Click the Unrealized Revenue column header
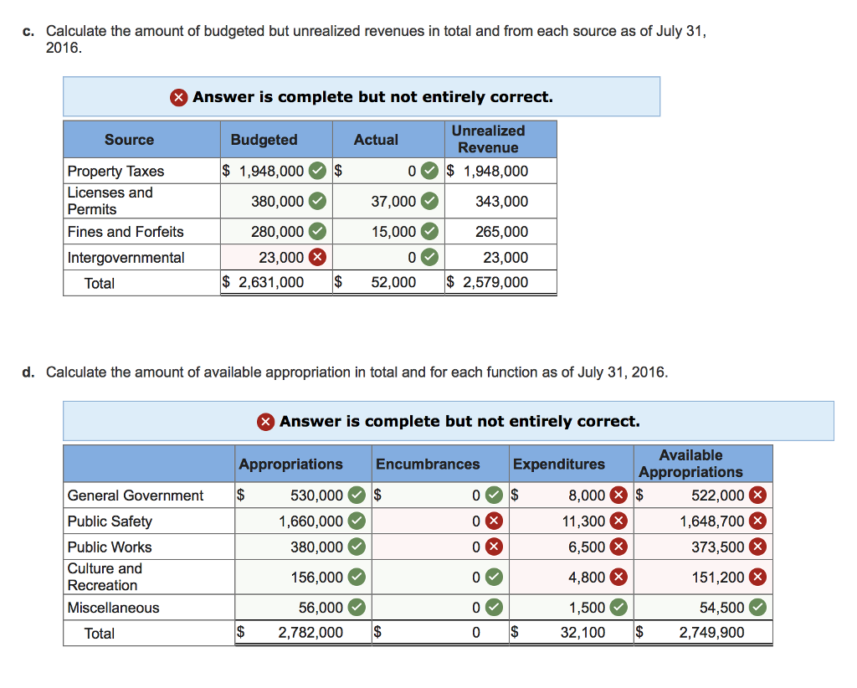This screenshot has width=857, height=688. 488,139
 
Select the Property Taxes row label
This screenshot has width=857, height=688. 115,171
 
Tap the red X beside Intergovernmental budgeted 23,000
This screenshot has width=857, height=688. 317,257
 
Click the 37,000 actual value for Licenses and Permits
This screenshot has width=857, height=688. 393,202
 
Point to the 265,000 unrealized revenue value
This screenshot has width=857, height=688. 502,232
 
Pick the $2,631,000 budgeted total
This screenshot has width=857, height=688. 263,282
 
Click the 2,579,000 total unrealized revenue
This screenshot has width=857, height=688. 495,282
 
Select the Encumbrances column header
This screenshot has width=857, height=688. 428,464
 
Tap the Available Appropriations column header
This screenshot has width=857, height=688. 690,464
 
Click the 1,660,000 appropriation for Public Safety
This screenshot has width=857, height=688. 311,521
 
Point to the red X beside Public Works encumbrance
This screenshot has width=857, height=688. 494,547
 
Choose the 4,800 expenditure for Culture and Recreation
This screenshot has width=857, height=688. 587,577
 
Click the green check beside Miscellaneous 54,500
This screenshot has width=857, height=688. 757,607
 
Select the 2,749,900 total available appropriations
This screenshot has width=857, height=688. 711,632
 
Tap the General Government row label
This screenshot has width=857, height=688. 135,495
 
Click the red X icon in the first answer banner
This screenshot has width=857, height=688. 179,97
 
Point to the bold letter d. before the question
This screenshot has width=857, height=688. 28,372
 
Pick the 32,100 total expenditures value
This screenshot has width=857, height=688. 582,632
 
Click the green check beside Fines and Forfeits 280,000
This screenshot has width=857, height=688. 317,231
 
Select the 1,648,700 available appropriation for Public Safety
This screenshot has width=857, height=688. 712,521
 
